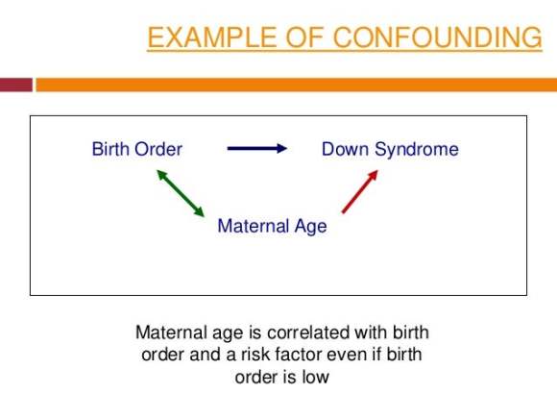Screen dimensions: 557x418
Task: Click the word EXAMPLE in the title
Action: click(212, 37)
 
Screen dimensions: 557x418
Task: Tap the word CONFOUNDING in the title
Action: click(437, 37)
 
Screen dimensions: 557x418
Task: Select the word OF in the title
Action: click(304, 37)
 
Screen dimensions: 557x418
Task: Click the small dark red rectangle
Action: click(16, 85)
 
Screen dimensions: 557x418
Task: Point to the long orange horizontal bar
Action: click(297, 85)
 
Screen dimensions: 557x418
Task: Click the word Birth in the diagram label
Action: click(110, 149)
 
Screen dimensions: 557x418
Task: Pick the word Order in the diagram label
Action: click(158, 149)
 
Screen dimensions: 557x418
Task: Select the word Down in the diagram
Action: click(346, 149)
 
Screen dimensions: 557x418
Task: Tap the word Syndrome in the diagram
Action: click(417, 150)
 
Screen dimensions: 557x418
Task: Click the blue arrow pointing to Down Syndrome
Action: click(257, 148)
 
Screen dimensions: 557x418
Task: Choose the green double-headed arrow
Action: click(181, 193)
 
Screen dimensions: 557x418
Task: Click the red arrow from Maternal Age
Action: click(360, 191)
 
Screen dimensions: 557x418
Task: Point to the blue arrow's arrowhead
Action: click(281, 148)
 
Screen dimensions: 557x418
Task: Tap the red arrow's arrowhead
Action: click(373, 176)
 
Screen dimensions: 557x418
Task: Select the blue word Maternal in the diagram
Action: click(254, 226)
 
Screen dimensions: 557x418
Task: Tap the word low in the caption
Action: click(315, 377)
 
